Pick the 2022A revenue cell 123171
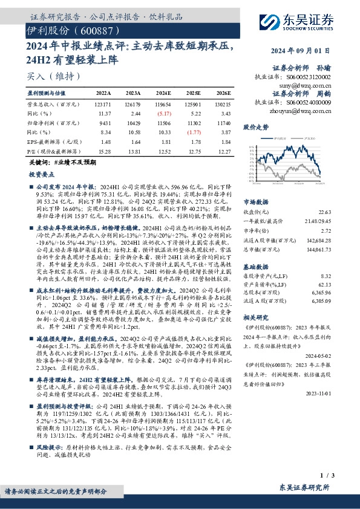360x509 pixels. (103, 104)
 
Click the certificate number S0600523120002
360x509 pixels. (310, 77)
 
